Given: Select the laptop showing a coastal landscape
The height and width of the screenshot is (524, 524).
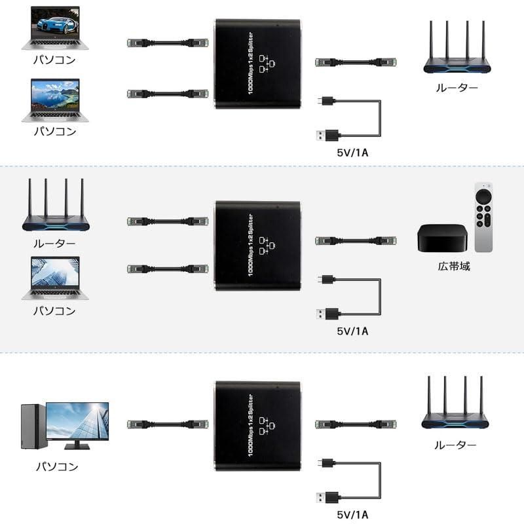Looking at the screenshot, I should (x=54, y=100).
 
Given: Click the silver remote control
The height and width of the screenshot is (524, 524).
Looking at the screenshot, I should (x=483, y=217).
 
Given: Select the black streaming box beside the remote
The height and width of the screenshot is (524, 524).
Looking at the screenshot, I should (x=441, y=238).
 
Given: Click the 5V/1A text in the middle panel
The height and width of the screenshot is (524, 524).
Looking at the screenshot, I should (x=352, y=331).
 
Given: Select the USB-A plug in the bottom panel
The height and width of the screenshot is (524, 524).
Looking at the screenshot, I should (x=327, y=496).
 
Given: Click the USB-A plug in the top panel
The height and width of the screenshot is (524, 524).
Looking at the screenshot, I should (x=327, y=136).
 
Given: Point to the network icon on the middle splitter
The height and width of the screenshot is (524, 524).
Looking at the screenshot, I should (x=266, y=244).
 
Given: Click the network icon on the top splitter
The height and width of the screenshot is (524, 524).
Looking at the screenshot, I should (x=266, y=64).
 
